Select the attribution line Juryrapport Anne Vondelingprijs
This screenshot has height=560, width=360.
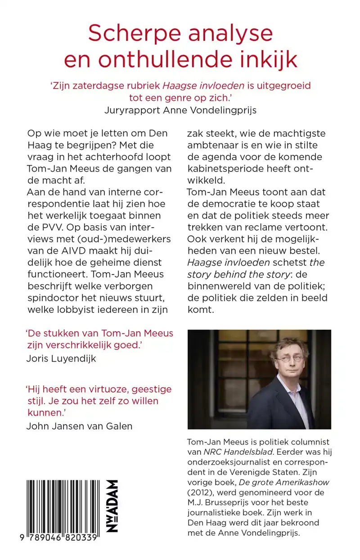click(x=180, y=110)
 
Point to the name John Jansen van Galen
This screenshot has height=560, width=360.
click(x=79, y=426)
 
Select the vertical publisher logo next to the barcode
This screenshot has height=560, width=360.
click(x=112, y=506)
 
